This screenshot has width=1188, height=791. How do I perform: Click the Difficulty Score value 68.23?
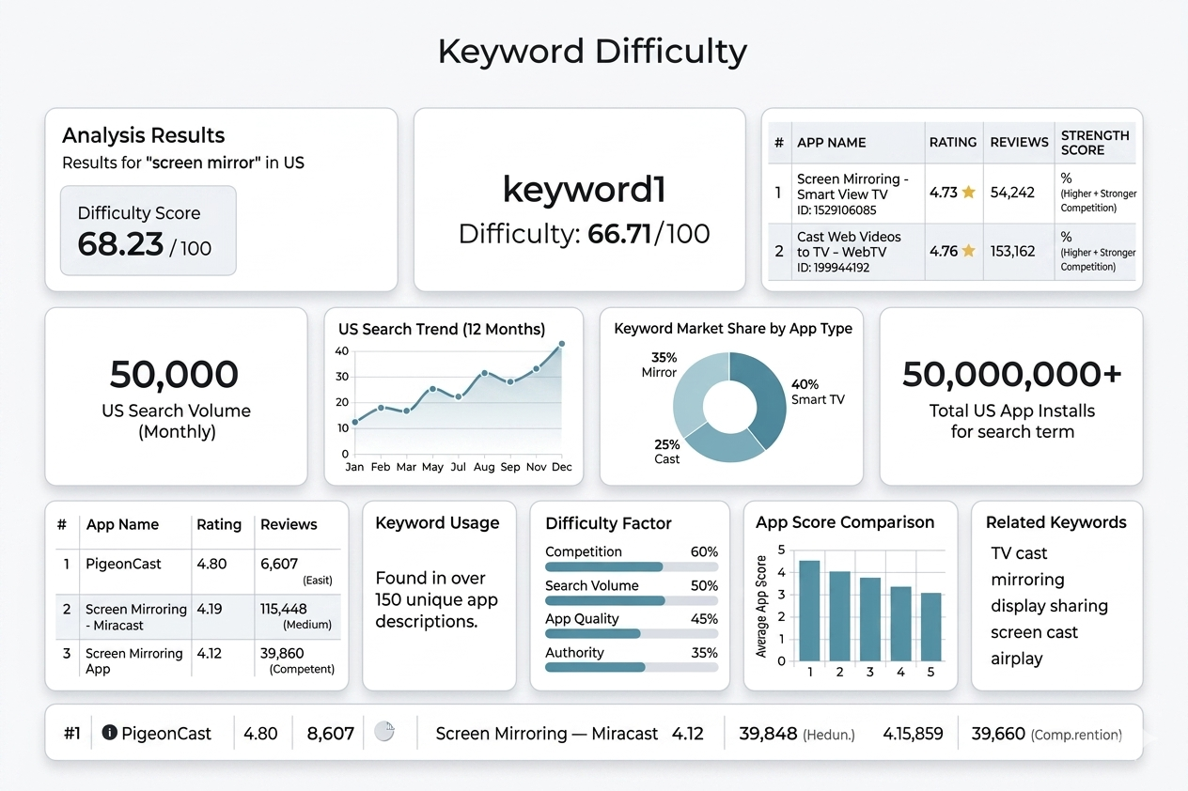(120, 244)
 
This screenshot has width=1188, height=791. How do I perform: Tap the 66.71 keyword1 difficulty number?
(619, 233)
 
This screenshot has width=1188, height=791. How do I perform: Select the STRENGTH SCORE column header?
(1095, 142)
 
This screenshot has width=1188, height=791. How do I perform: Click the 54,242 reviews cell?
(1012, 193)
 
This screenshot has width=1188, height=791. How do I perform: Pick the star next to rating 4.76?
(968, 251)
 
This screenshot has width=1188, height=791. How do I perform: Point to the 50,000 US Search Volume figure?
(175, 374)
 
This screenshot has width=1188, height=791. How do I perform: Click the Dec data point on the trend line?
(561, 345)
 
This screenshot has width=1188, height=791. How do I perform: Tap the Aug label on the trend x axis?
(484, 467)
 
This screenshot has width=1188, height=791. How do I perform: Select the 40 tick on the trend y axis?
(342, 351)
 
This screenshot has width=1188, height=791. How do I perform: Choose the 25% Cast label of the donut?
(666, 451)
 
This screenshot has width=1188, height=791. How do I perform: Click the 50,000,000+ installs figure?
(1011, 374)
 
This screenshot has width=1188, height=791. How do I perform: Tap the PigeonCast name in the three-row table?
(124, 565)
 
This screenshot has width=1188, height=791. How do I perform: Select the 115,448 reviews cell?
(284, 609)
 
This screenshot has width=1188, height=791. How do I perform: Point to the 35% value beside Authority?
(704, 653)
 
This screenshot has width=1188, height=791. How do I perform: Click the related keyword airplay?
(1017, 659)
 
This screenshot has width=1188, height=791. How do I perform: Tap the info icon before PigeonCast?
(109, 733)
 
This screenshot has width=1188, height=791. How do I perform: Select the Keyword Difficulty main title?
(593, 52)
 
